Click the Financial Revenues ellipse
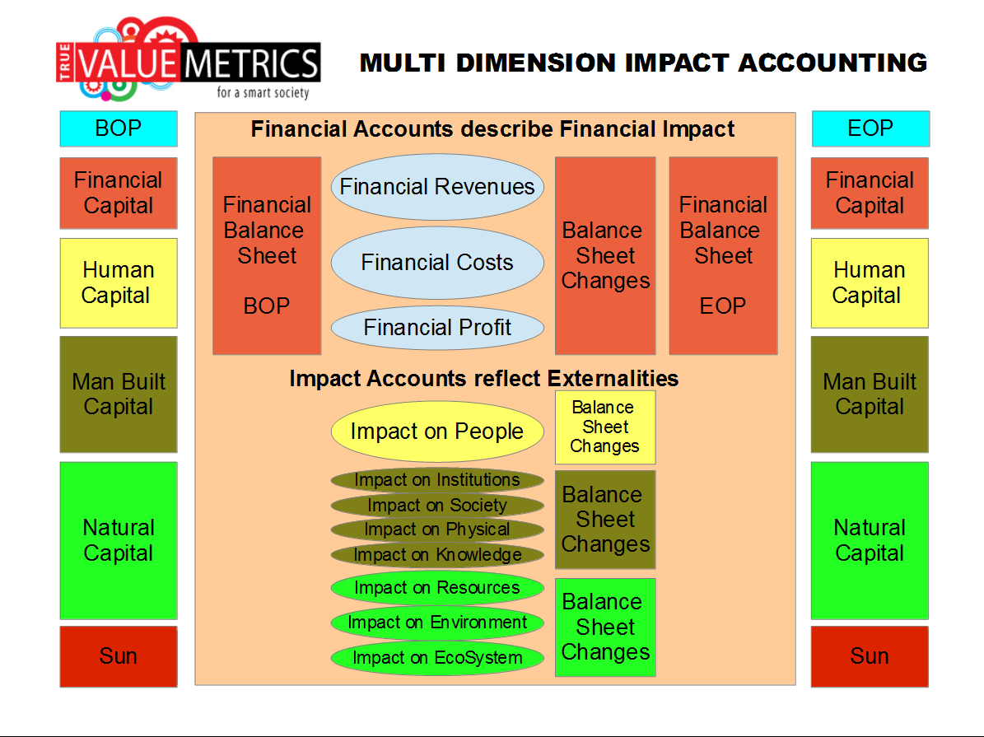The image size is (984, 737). tap(437, 186)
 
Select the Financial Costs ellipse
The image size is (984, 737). tap(437, 263)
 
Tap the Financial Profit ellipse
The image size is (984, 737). tap(437, 327)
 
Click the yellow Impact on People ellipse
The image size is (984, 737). tap(437, 431)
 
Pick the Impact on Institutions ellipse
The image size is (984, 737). tap(437, 480)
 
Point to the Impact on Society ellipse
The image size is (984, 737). tap(437, 506)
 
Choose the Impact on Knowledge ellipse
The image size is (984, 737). tap(437, 555)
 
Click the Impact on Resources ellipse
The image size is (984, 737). tap(437, 588)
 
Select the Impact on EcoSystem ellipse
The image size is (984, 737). tap(437, 658)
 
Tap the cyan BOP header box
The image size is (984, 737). tap(119, 128)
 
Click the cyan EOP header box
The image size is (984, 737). tap(870, 128)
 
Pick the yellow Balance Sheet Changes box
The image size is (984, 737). tap(605, 427)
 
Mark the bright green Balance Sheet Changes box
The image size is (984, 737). tap(605, 627)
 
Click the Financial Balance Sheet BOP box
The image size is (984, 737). tap(268, 255)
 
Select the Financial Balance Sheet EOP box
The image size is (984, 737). tap(724, 255)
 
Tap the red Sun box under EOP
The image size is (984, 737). tap(870, 656)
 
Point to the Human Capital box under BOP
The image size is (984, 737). tap(119, 283)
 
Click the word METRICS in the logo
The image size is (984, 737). tap(252, 63)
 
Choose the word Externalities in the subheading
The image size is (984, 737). tap(613, 379)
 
